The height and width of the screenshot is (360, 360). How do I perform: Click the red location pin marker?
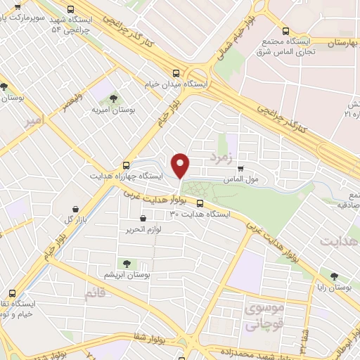pyautogui.click(x=181, y=165)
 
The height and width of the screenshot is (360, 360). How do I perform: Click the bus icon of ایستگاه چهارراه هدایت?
pyautogui.click(x=127, y=165)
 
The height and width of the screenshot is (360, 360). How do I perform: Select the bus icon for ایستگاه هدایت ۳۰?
pyautogui.click(x=200, y=204)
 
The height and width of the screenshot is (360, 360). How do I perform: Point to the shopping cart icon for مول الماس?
pyautogui.click(x=241, y=169)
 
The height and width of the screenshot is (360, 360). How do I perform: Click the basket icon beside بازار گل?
pyautogui.click(x=77, y=209)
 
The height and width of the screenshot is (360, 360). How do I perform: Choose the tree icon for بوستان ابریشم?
pyautogui.click(x=127, y=264)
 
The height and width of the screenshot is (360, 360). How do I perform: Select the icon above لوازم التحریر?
pyautogui.click(x=143, y=219)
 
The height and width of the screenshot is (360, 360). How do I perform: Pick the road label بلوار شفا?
pyautogui.click(x=148, y=340)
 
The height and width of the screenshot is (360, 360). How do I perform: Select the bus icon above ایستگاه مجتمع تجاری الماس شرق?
pyautogui.click(x=285, y=30)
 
